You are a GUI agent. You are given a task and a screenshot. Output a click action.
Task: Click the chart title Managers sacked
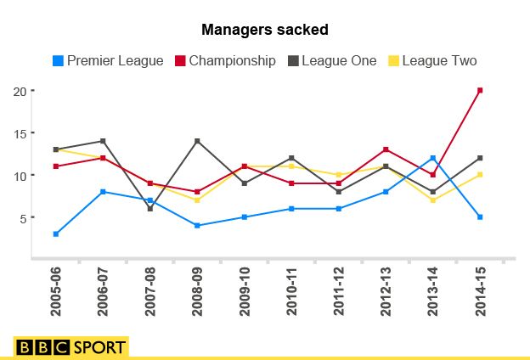pyautogui.click(x=264, y=30)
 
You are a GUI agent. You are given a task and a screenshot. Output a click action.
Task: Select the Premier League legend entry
pyautogui.click(x=108, y=60)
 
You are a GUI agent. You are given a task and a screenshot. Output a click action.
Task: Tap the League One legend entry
pyautogui.click(x=333, y=60)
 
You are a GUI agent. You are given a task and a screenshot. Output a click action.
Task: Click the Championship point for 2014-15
pyautogui.click(x=480, y=90)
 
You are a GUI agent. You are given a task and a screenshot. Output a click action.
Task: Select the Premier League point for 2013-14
pyautogui.click(x=433, y=158)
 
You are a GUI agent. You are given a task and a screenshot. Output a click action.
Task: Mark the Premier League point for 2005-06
pyautogui.click(x=56, y=233)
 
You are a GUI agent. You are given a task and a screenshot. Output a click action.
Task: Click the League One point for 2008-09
pyautogui.click(x=197, y=141)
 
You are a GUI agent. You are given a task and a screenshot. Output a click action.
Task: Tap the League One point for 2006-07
pyautogui.click(x=103, y=141)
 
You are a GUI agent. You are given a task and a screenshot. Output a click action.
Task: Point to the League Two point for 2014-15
pyautogui.click(x=480, y=175)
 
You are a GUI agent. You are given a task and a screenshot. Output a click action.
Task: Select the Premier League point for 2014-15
pyautogui.click(x=480, y=217)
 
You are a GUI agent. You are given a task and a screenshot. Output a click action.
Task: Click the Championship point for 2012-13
pyautogui.click(x=386, y=149)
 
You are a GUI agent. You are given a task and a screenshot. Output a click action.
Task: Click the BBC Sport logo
pyautogui.click(x=70, y=346)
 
